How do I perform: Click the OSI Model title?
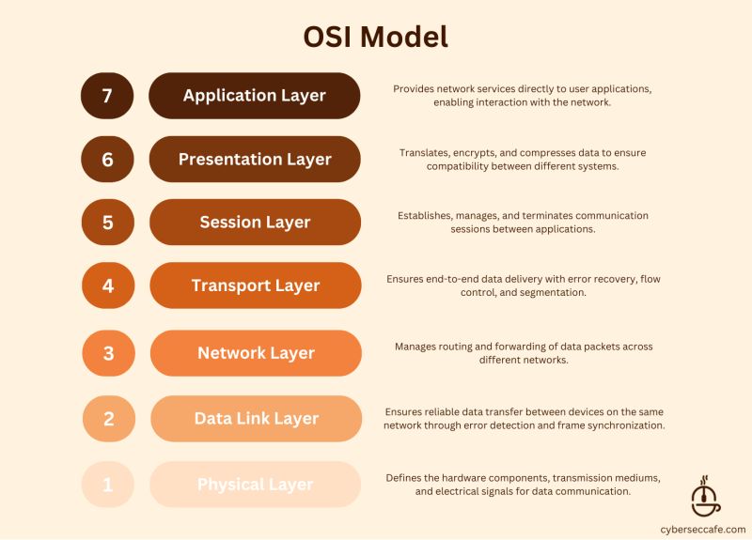375,36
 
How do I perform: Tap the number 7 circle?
107,96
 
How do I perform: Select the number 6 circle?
107,160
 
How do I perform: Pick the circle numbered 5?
107,223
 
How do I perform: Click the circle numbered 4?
108,285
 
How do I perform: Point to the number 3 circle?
108,353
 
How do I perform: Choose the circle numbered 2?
108,419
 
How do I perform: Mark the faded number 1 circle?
108,485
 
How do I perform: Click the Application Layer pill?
255,96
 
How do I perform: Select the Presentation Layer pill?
255,160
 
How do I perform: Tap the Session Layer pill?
255,223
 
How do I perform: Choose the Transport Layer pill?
256,285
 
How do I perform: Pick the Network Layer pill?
256,353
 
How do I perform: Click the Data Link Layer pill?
256,419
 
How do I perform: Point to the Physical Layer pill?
256,485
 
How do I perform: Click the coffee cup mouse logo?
705,495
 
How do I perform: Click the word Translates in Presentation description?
426,152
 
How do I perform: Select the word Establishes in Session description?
427,215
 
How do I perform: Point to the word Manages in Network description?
416,347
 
